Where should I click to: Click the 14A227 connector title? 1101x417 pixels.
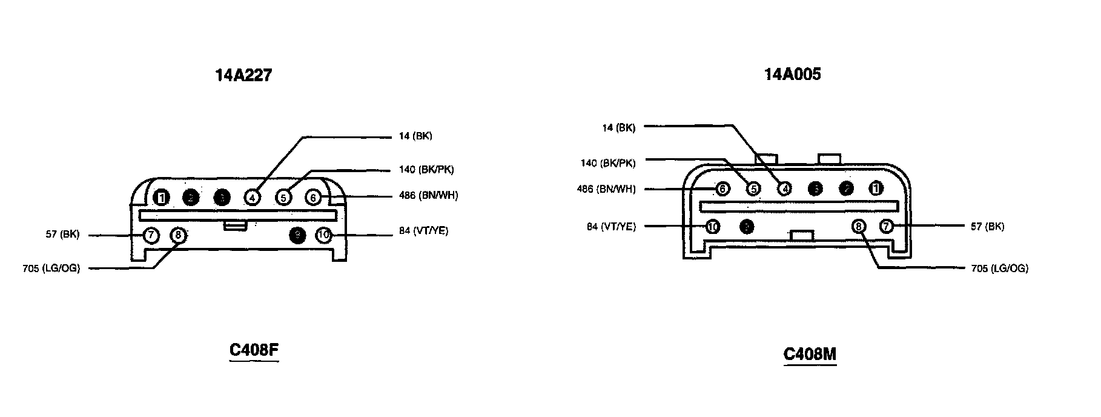point(243,75)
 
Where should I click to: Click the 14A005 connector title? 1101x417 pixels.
point(792,74)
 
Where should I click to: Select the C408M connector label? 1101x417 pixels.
point(810,354)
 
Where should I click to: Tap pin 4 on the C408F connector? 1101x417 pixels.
point(253,198)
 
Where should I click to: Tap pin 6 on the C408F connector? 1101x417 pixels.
point(313,198)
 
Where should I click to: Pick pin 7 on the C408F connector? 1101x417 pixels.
point(151,235)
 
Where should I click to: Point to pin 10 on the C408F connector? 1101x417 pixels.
point(324,235)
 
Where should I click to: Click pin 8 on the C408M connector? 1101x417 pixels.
point(859,227)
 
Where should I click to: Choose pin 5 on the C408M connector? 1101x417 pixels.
point(753,188)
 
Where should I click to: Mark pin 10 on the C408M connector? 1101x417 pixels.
point(713,227)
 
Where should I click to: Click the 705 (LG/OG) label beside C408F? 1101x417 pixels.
point(51,269)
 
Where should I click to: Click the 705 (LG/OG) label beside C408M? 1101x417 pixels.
point(999,269)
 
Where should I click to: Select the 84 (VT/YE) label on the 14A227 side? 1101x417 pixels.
point(424,231)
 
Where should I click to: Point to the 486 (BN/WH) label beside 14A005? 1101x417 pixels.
point(606,189)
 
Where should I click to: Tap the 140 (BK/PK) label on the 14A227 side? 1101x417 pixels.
point(426,170)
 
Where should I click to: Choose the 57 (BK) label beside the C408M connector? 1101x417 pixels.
point(987,227)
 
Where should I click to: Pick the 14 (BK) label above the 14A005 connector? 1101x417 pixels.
point(619,128)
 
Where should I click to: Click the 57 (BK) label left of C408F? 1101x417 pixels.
point(62,235)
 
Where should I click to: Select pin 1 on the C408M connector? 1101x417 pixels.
point(876,188)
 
